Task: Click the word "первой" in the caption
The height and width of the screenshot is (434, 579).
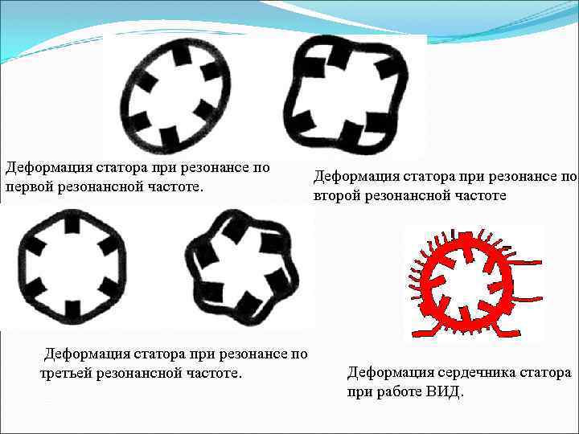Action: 27,186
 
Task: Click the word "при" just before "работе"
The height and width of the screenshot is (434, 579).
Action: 359,392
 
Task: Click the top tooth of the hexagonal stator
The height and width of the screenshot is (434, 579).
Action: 72,223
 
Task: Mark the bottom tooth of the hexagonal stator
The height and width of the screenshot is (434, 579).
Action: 72,307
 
